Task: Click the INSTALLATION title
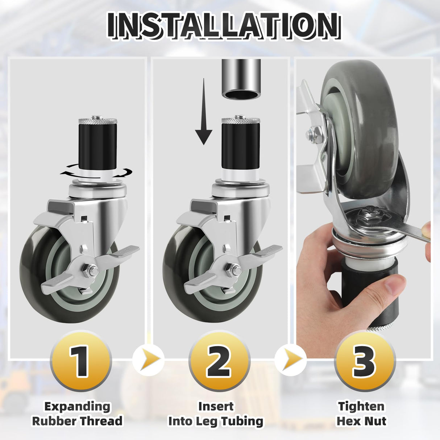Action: pyautogui.click(x=224, y=26)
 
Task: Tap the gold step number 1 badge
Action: pyautogui.click(x=80, y=361)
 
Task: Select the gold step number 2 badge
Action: pyautogui.click(x=219, y=361)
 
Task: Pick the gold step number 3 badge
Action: pyautogui.click(x=364, y=361)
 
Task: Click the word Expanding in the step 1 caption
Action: pyautogui.click(x=77, y=406)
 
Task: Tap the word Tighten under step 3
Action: pyautogui.click(x=361, y=406)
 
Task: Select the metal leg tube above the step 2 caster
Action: pyautogui.click(x=241, y=78)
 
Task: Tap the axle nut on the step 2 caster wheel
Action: pyautogui.click(x=233, y=270)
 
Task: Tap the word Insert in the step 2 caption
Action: pyautogui.click(x=216, y=406)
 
